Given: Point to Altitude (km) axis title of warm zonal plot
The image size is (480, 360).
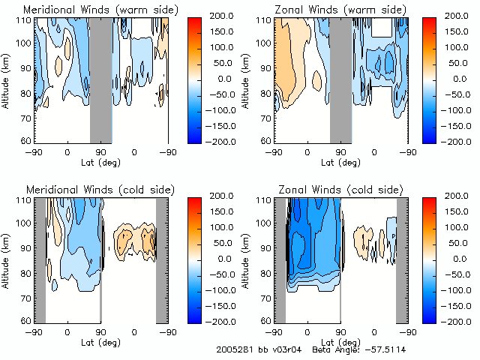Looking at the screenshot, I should [247, 79].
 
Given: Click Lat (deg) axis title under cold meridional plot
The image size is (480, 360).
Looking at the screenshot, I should [100, 341].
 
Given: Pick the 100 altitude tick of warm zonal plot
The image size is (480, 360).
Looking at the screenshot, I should [265, 43].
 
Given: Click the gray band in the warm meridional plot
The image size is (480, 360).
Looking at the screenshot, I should [100, 79].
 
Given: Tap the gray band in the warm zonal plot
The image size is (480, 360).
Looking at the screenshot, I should [340, 79].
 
